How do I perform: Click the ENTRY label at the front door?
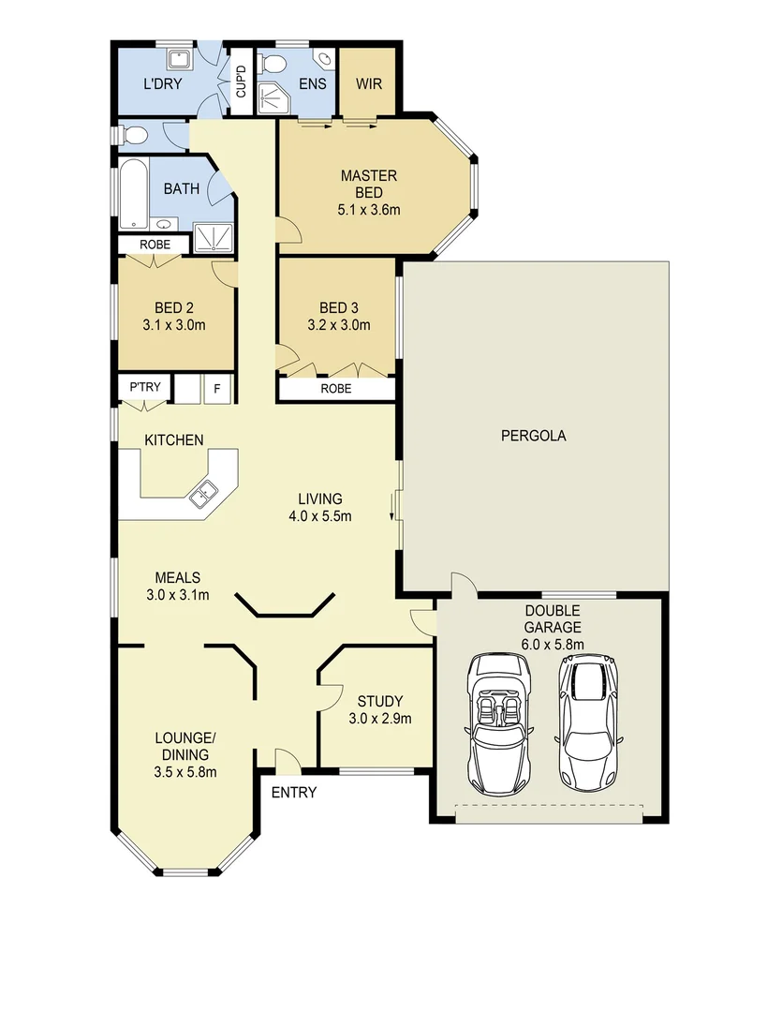click(x=293, y=793)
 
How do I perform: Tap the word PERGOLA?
click(x=533, y=435)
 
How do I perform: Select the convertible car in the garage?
click(x=497, y=721)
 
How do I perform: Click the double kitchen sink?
click(x=204, y=493)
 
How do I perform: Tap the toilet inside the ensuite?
click(x=274, y=64)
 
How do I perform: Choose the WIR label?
click(x=368, y=82)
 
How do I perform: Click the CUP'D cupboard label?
click(x=241, y=82)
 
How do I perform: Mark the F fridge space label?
click(x=217, y=387)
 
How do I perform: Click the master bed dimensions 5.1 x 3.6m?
click(x=369, y=210)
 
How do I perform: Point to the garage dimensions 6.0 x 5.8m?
click(x=553, y=644)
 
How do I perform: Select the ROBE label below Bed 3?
click(x=335, y=388)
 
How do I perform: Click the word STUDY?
click(x=379, y=701)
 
